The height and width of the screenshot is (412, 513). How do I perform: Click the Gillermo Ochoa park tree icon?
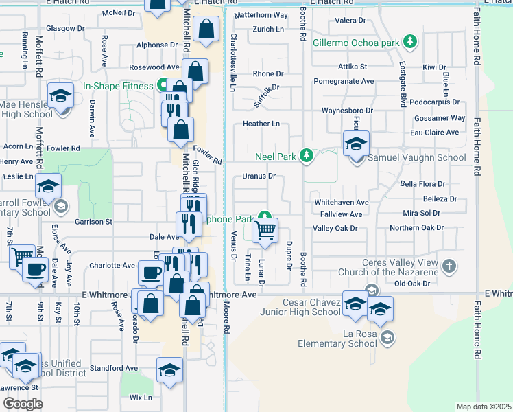click(x=410, y=42)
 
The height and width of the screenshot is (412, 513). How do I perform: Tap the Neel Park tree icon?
click(x=307, y=157)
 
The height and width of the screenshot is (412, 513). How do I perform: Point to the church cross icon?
click(x=449, y=266)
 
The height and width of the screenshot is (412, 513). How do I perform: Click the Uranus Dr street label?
click(x=259, y=176)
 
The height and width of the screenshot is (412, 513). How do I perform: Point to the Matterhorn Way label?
click(x=261, y=15)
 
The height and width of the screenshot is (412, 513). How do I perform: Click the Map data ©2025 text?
click(x=483, y=407)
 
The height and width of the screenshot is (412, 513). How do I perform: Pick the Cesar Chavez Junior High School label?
click(x=300, y=307)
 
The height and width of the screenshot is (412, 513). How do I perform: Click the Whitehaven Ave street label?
click(x=341, y=203)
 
